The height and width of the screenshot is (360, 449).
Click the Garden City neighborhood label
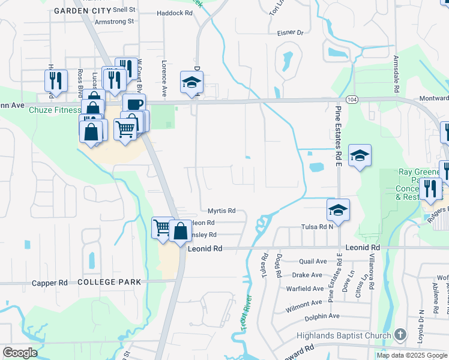click(82, 11)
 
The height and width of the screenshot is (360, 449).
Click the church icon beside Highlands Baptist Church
click(400, 335)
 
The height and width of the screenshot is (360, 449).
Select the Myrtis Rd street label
click(221, 211)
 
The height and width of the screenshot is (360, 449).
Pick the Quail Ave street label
click(312, 262)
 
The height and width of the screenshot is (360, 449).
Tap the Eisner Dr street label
click(291, 33)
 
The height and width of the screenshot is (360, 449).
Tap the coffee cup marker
click(134, 103)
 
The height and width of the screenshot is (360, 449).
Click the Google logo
click(20, 353)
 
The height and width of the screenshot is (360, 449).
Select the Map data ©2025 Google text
click(411, 355)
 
